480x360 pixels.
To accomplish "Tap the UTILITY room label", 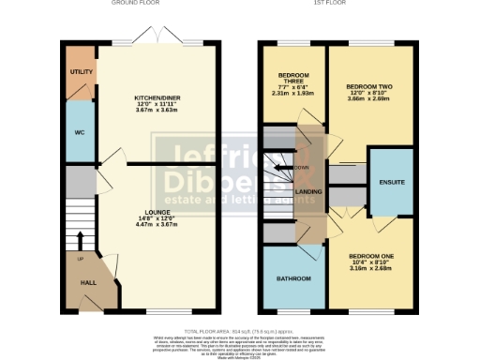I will point(79,71).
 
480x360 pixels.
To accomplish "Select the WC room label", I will point(79,132).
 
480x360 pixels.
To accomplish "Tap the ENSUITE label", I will point(390,181).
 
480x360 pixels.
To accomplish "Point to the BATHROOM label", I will point(289,278).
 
